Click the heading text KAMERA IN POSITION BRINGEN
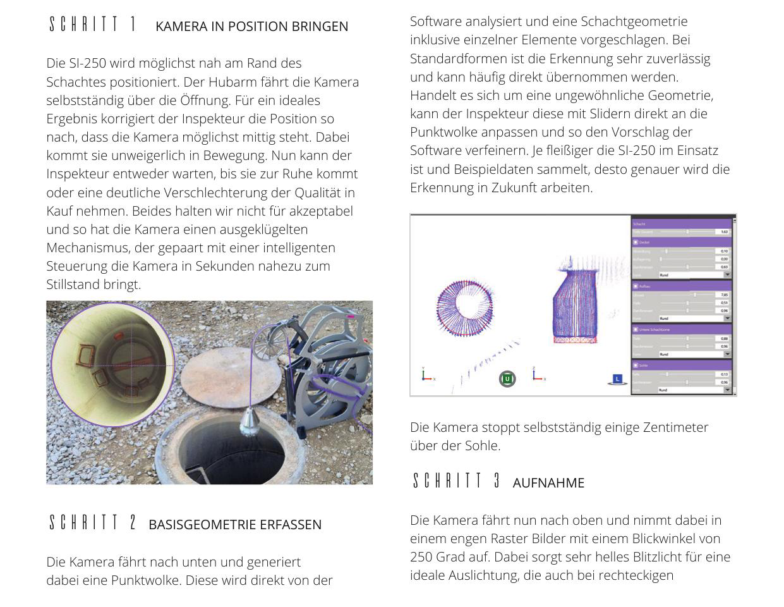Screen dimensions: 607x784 tap(251, 27)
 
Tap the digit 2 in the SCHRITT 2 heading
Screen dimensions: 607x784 tap(133, 523)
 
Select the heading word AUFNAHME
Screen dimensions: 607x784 tap(548, 483)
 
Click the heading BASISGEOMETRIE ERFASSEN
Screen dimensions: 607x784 tap(235, 525)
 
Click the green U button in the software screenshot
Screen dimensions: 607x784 tap(507, 379)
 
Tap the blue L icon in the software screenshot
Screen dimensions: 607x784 tap(617, 379)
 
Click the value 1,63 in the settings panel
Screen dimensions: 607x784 tap(724, 232)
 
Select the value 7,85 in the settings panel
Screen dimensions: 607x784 tap(724, 295)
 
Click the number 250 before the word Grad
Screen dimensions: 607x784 tap(422, 557)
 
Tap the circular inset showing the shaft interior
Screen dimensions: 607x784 tap(112, 365)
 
